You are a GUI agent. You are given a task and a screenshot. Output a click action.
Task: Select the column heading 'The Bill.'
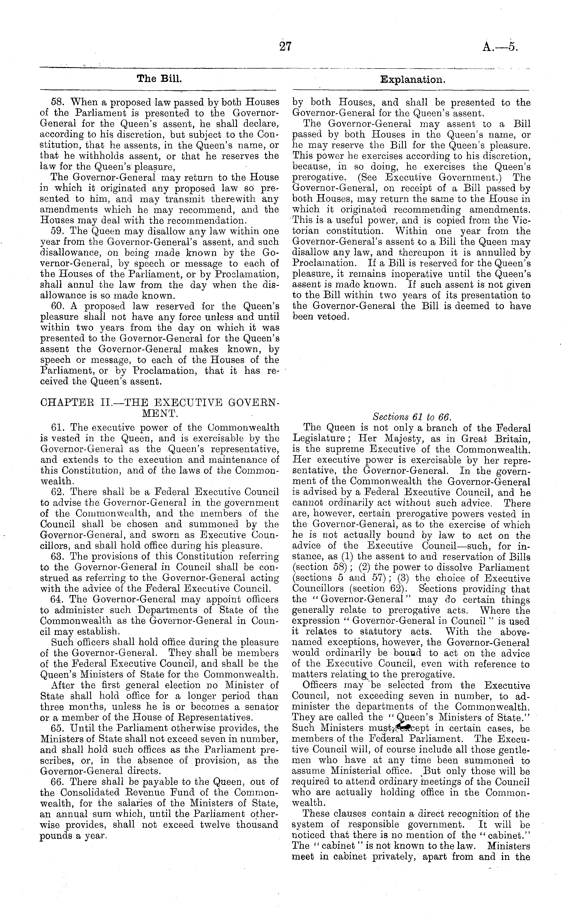pos(159,79)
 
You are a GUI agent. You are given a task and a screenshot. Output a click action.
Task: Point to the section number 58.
pos(57,102)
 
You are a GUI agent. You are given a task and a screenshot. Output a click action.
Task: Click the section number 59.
pos(57,231)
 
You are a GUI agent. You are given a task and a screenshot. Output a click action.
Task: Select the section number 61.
pos(57,427)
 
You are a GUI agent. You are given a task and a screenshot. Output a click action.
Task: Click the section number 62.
pos(57,492)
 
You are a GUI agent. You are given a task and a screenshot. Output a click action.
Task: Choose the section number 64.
pos(57,599)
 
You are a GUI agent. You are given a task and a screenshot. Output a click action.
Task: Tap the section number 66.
pos(57,782)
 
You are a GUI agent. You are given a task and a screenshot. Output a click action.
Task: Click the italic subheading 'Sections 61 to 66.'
pos(412,416)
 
